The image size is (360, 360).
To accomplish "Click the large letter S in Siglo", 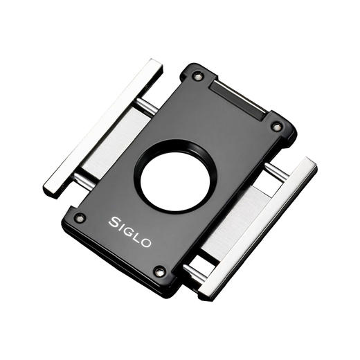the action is point(114,222).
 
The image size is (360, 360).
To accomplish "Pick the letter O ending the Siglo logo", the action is point(146,243).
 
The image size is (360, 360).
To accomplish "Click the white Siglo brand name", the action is point(129,232).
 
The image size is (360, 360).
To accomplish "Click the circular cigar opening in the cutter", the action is point(175,178).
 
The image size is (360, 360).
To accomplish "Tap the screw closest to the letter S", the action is point(80,218).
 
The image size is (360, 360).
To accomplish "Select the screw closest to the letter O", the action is point(159,272).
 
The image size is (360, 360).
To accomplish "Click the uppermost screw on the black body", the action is point(198,76).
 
